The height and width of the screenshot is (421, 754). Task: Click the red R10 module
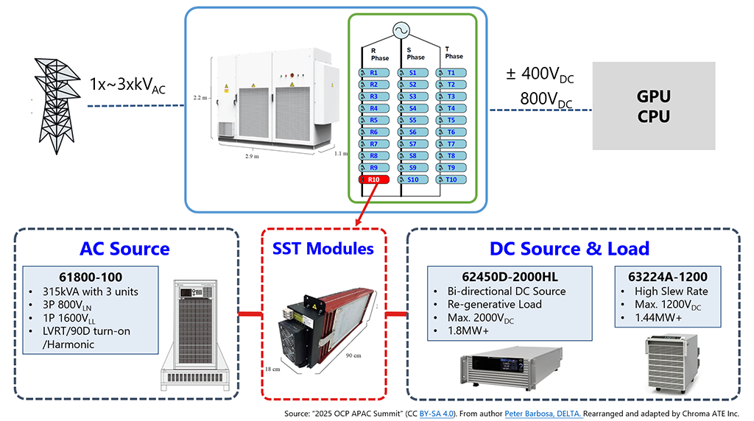point(374,180)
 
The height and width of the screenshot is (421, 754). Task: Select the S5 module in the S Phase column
point(413,120)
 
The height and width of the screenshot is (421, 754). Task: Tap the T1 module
point(451,73)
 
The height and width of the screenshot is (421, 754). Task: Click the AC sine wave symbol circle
point(401,31)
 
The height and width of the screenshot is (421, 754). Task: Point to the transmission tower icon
point(54,102)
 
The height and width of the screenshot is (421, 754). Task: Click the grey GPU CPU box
point(653,106)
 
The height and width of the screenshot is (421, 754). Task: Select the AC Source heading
point(124,249)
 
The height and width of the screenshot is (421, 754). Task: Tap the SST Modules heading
point(325,249)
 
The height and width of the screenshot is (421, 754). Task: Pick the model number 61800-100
point(91,277)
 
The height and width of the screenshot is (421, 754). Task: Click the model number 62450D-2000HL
point(510,277)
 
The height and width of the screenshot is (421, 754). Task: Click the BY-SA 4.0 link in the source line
point(436,414)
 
